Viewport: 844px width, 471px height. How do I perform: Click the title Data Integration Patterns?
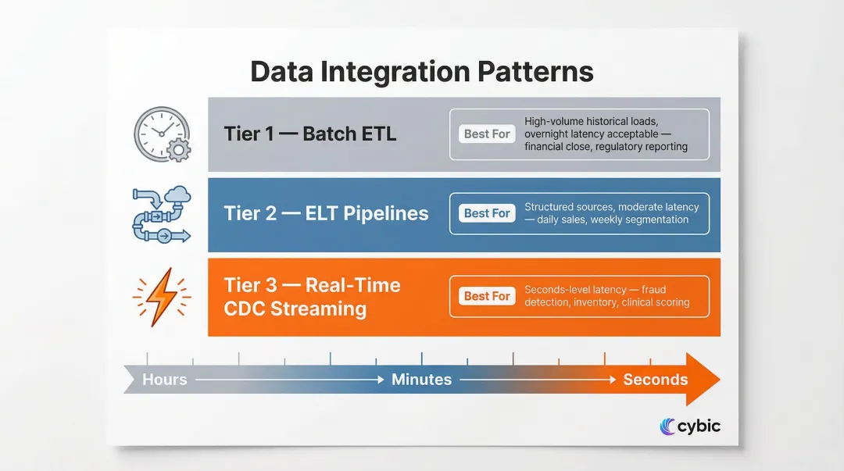[422, 72]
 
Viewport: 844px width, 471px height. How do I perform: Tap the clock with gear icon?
[161, 134]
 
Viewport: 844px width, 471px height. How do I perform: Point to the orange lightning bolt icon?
[161, 297]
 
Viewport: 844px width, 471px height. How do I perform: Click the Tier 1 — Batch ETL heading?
[310, 134]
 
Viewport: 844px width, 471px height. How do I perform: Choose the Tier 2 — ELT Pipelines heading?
[326, 213]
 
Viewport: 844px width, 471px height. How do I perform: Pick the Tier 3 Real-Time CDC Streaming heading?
[312, 296]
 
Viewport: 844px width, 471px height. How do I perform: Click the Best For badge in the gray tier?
[487, 134]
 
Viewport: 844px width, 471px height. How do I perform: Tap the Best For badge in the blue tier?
[487, 213]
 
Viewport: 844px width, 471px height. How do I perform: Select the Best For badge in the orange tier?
[487, 296]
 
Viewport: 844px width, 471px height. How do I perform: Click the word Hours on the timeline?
[165, 380]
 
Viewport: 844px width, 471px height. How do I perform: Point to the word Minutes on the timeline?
[421, 380]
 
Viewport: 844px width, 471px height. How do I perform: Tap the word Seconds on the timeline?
[655, 380]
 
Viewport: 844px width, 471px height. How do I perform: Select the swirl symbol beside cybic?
[668, 426]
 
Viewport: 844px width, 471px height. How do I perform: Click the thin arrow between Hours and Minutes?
[289, 380]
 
